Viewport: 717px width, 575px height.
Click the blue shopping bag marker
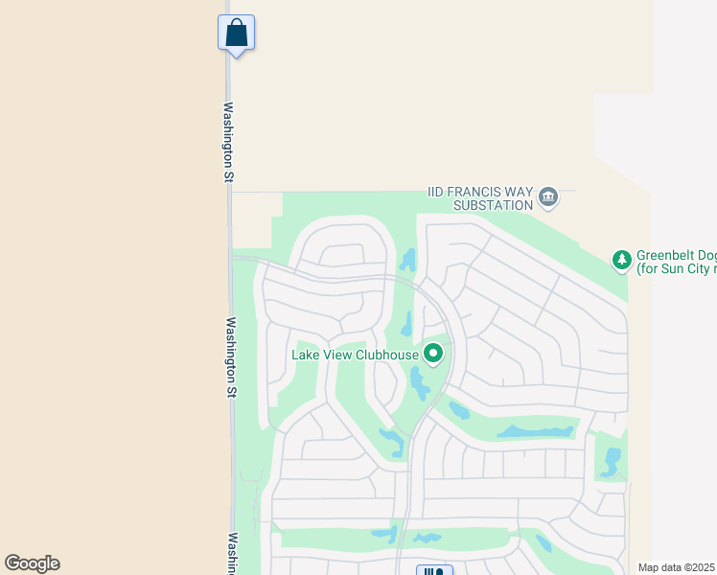click(236, 34)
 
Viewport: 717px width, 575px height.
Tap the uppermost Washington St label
click(229, 142)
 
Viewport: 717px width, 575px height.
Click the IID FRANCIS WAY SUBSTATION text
click(479, 198)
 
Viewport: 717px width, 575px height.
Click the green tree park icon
click(621, 259)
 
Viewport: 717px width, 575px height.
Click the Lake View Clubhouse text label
click(355, 355)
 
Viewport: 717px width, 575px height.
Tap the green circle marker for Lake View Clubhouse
click(433, 355)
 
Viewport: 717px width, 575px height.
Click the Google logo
click(32, 563)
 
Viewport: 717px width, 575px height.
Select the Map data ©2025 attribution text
click(677, 567)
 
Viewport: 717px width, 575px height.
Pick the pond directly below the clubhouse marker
click(420, 383)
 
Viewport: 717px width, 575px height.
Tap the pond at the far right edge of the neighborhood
click(611, 461)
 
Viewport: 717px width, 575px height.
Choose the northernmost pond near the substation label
click(409, 259)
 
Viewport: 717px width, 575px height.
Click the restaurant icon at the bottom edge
click(434, 571)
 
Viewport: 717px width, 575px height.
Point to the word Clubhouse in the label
click(387, 355)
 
